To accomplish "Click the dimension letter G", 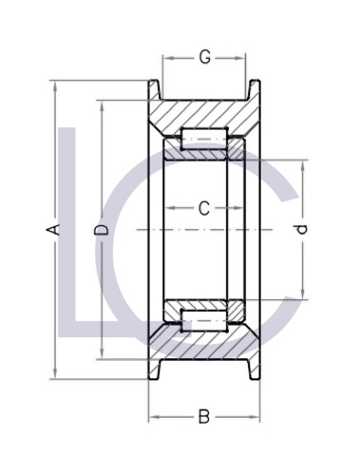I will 205,58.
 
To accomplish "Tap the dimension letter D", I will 103,230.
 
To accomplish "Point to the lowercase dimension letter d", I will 302,230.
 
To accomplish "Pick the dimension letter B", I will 203,415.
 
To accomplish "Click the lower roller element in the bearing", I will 203,317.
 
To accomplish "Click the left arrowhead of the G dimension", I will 166,58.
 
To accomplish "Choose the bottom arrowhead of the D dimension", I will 103,358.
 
